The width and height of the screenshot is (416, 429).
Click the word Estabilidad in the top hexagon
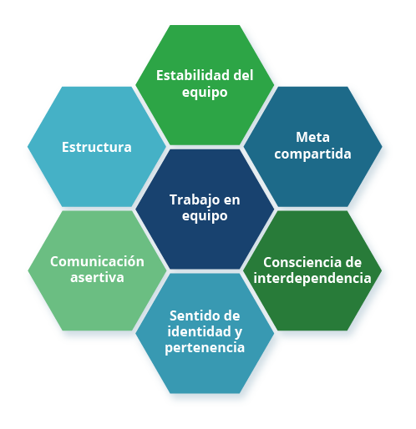tap(193, 75)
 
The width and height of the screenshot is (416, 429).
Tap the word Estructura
tap(97, 147)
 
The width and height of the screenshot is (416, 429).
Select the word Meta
tap(312, 137)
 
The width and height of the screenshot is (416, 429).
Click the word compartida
tap(312, 154)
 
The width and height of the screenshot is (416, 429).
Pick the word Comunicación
tap(97, 261)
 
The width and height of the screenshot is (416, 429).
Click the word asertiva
tap(97, 278)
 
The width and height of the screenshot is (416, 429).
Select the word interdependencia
tap(312, 279)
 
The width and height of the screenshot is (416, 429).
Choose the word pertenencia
tap(205, 348)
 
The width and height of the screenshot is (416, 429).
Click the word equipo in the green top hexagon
tap(205, 93)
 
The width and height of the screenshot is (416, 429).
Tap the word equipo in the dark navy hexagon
tap(205, 216)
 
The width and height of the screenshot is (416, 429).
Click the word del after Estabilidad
tap(243, 75)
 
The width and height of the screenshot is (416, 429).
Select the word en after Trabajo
tap(231, 200)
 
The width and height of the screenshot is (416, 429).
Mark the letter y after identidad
tap(238, 332)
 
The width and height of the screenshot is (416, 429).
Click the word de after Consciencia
tap(353, 262)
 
